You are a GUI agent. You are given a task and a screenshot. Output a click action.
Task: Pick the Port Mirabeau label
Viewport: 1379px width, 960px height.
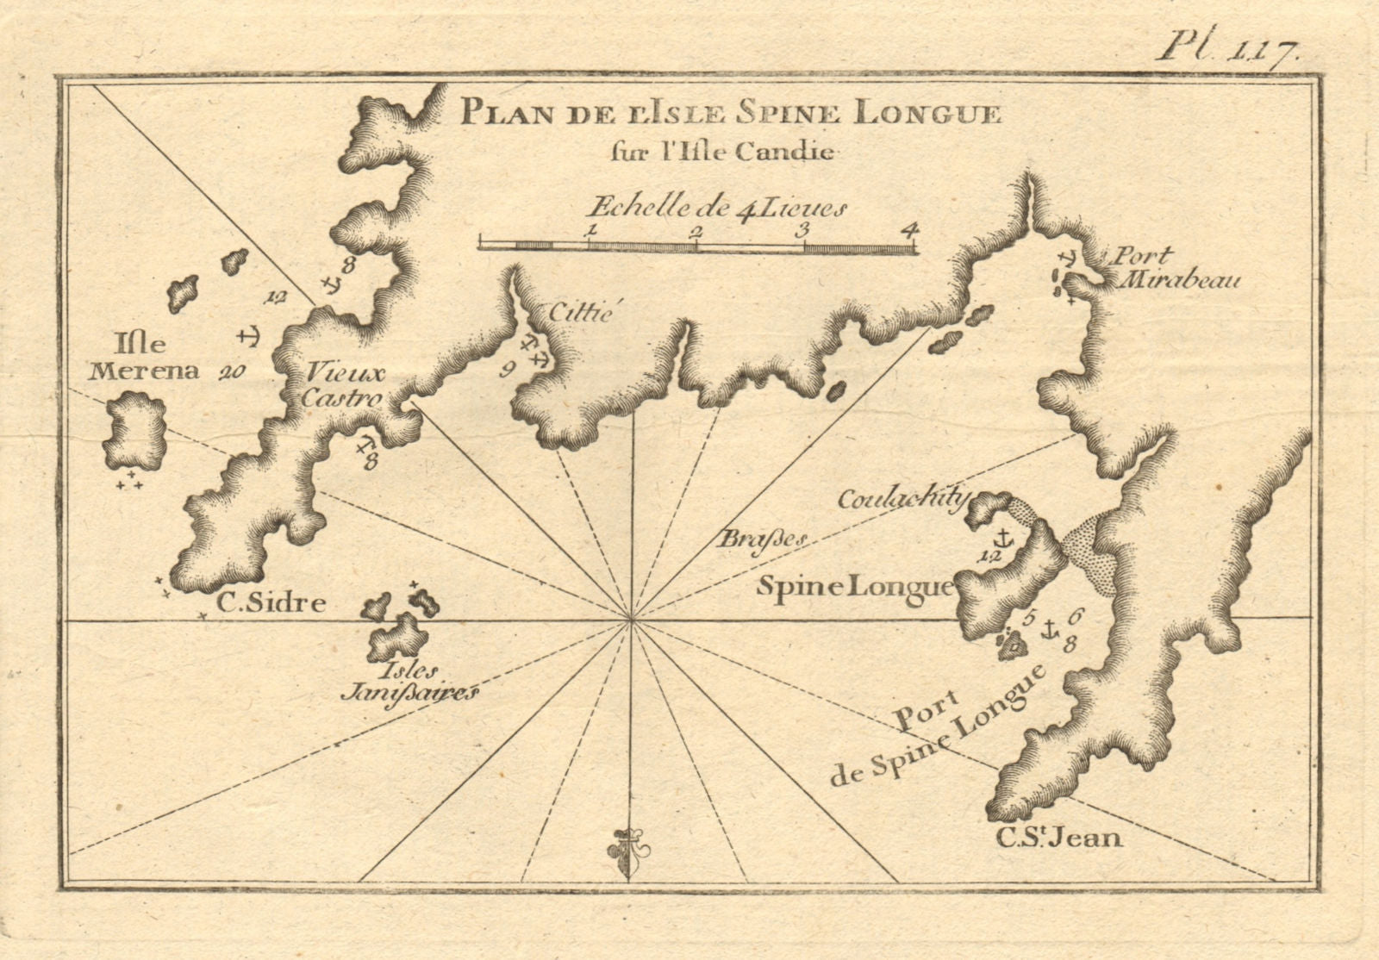pos(1172,267)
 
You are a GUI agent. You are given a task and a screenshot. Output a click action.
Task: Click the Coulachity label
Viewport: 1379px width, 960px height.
pos(903,500)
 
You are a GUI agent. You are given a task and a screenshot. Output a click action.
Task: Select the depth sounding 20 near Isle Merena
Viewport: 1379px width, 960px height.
pos(230,372)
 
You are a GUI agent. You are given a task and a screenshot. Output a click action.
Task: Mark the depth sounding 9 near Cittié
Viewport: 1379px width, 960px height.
pos(507,371)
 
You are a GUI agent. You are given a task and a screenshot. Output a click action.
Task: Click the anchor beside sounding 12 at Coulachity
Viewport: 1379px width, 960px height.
pos(1003,539)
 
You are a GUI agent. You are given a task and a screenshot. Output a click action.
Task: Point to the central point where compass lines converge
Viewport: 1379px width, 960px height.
pos(632,619)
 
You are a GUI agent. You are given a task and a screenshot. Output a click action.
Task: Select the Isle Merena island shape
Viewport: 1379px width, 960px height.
pos(134,431)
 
